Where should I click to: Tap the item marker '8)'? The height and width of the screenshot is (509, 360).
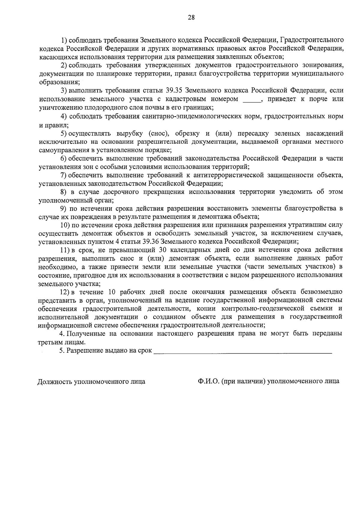(64, 192)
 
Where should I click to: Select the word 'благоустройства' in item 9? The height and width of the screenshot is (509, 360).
(308, 208)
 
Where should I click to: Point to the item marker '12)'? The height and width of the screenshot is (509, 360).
(65, 292)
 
